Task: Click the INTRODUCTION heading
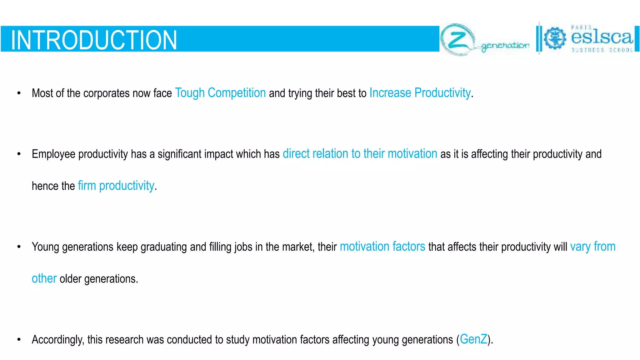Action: point(94,40)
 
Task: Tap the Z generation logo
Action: point(484,40)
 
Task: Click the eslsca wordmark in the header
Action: point(602,37)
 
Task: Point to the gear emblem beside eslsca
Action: point(555,38)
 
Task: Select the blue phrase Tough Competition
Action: point(220,93)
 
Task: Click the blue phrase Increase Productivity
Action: point(420,93)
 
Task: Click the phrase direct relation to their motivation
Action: point(360,154)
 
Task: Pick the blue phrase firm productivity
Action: point(116,186)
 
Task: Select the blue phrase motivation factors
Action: point(382,247)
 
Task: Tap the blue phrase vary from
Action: point(592,247)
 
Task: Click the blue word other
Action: point(44,278)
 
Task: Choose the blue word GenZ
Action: point(473,339)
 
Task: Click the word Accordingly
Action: point(58,340)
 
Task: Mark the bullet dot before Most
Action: point(19,93)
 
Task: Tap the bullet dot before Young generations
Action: point(19,247)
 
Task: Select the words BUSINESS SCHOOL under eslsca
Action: point(602,50)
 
